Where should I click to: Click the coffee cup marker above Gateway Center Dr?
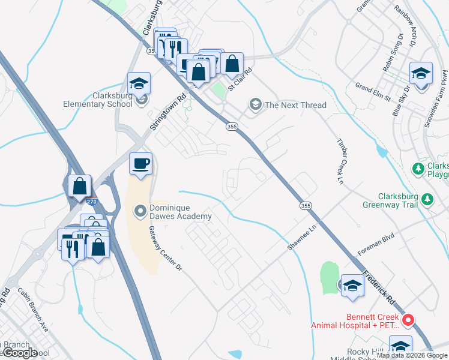coord(140,164)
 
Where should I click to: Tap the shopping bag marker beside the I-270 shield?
coord(79,186)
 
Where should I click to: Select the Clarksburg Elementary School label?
coord(98,100)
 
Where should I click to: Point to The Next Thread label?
coord(295,105)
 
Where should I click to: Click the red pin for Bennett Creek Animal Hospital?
coord(408,320)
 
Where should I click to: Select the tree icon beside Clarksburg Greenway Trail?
coord(427,199)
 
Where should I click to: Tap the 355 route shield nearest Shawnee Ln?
coord(306,205)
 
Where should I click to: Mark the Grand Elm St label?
coord(372,91)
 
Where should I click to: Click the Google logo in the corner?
coord(20,353)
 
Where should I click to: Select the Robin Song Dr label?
coord(390,61)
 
